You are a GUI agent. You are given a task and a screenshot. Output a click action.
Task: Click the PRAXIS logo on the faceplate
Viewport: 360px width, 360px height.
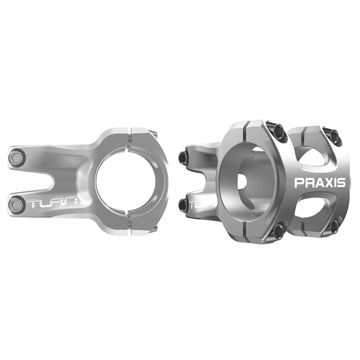[x=320, y=182]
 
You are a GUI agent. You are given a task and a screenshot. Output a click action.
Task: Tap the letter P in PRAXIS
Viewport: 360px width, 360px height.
[x=298, y=182]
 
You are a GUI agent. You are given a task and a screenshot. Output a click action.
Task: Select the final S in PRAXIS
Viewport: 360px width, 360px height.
[x=341, y=182]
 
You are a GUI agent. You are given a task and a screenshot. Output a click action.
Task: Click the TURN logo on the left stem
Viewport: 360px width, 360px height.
[x=53, y=202]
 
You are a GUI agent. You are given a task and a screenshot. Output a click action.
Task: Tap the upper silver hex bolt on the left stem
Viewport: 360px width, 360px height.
[x=17, y=158]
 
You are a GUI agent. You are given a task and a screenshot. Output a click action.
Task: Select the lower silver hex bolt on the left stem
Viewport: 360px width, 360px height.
[x=17, y=204]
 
